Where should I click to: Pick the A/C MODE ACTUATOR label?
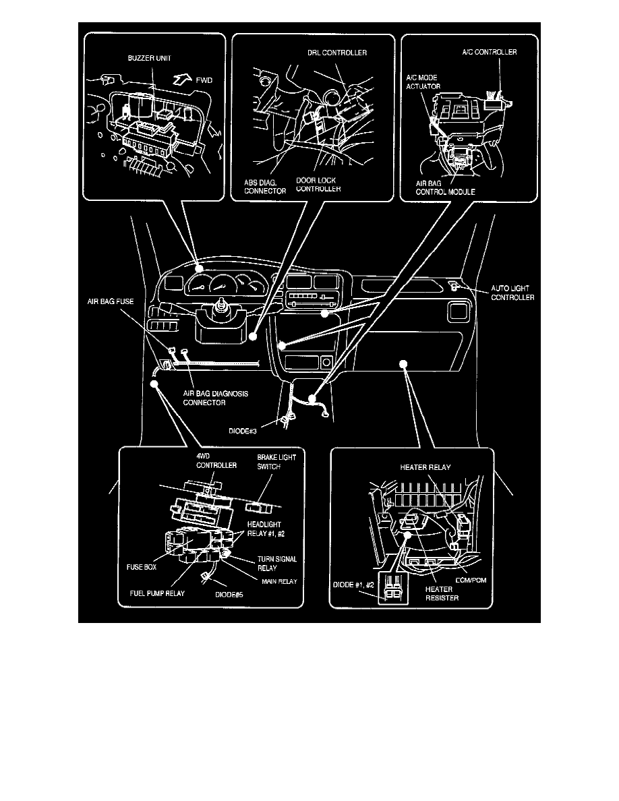(x=423, y=82)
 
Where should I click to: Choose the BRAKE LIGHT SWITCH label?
(x=276, y=461)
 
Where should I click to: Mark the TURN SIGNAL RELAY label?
(x=277, y=564)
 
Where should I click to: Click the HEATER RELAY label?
(x=425, y=466)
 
